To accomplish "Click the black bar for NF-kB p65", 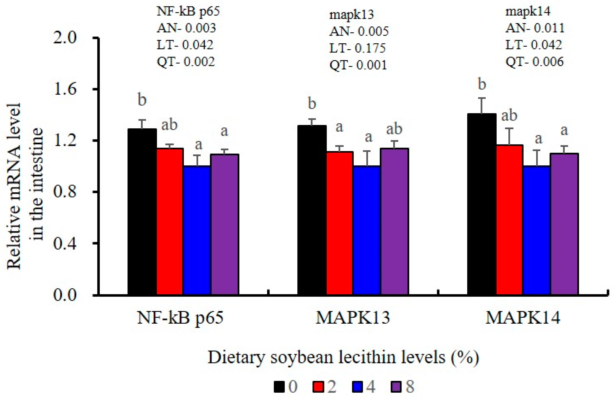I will (x=142, y=211).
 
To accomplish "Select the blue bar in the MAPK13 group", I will (x=367, y=230).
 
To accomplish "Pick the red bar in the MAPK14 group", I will (x=509, y=220).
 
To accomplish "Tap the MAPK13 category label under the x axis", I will (x=353, y=318).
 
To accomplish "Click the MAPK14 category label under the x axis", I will (x=523, y=318).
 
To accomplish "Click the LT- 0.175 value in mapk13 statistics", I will (x=357, y=48).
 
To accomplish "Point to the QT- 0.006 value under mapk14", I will (x=534, y=62).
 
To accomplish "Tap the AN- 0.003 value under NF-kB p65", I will (x=186, y=28).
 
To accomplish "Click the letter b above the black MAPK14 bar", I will (x=482, y=85).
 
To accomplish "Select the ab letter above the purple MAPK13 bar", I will (x=394, y=129).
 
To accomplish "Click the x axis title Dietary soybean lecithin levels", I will (x=343, y=357).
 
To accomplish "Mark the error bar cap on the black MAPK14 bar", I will (x=482, y=98).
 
